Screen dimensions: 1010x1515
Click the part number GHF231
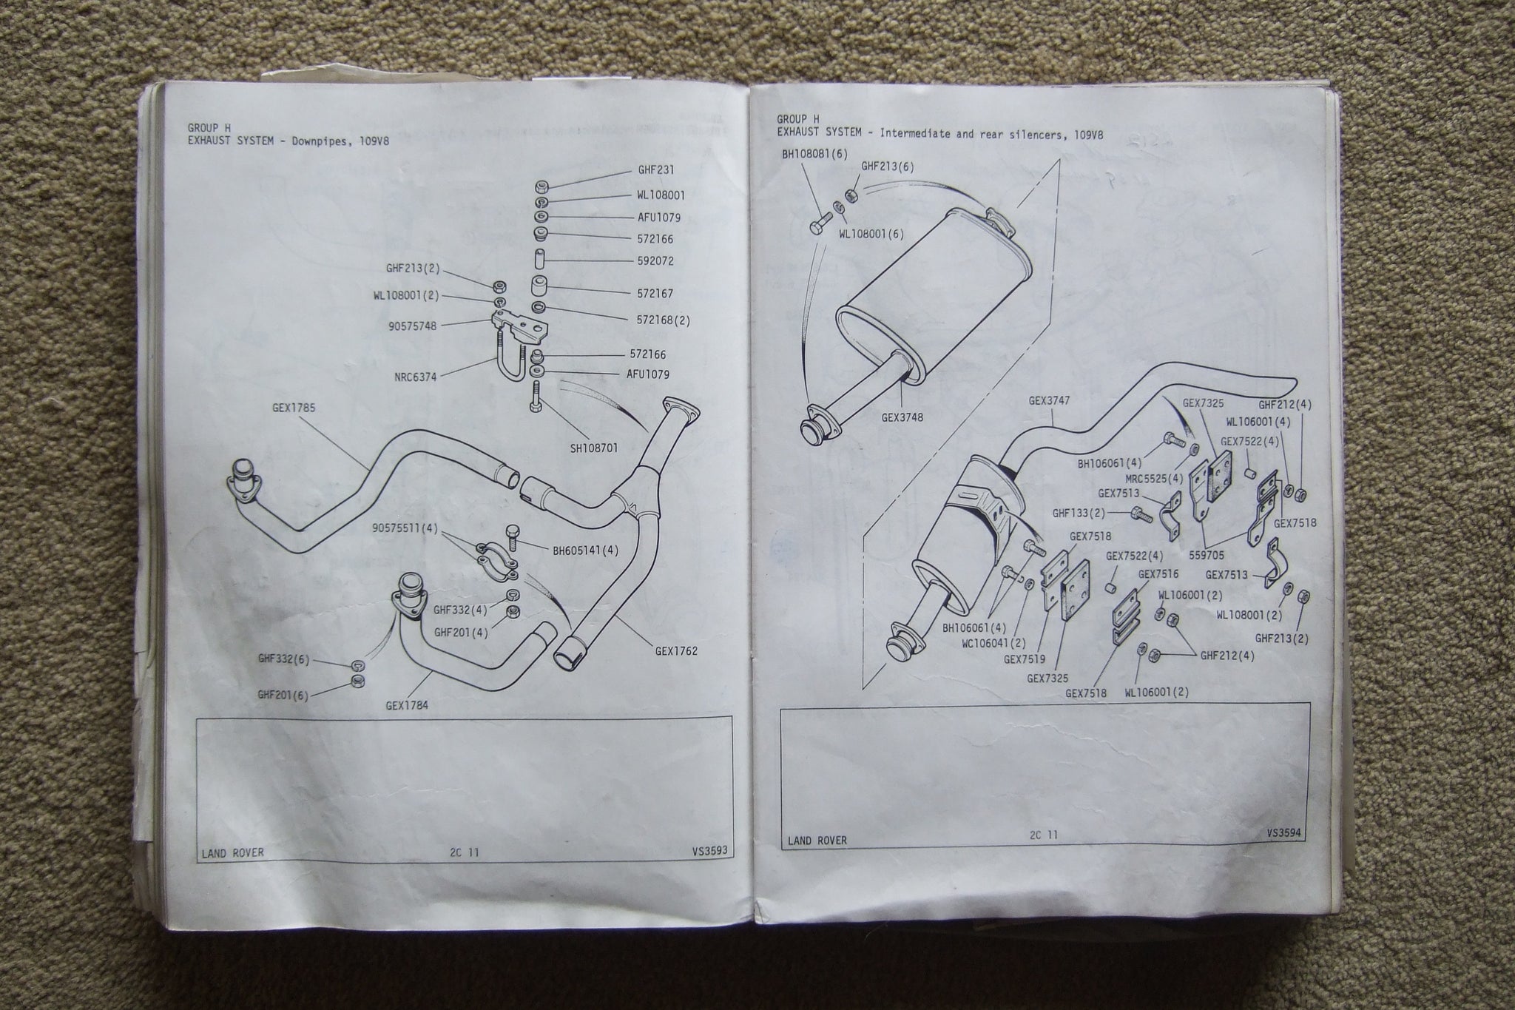[x=656, y=169]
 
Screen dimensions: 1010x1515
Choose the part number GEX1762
[x=676, y=651]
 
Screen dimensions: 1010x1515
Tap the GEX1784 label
[x=407, y=705]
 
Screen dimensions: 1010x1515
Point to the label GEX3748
[x=902, y=417]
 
